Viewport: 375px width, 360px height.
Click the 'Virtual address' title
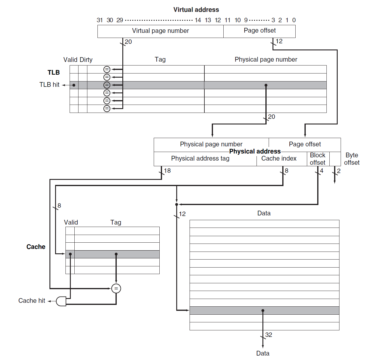point(196,10)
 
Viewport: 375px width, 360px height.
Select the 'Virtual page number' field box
point(160,31)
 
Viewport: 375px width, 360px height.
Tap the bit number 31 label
point(100,20)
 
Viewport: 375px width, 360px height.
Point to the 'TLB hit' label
point(49,85)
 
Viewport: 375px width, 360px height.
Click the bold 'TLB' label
point(54,73)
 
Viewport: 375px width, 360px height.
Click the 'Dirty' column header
point(86,60)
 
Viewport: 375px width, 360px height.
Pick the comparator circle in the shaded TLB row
point(107,85)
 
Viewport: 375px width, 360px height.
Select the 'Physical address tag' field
point(200,159)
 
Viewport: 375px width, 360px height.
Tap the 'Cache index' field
point(279,159)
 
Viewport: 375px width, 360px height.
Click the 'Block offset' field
point(318,159)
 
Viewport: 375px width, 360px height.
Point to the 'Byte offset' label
point(352,159)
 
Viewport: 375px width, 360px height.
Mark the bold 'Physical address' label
point(255,151)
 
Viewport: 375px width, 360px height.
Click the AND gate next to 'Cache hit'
point(61,301)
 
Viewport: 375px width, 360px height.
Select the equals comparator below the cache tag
point(116,288)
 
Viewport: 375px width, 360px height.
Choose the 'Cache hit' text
point(32,301)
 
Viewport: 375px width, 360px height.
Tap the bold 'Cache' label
point(36,247)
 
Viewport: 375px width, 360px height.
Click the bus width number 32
point(269,335)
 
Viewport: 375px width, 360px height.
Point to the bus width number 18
point(167,171)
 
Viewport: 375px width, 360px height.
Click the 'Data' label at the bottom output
point(263,353)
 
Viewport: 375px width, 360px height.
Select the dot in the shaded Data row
point(263,311)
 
